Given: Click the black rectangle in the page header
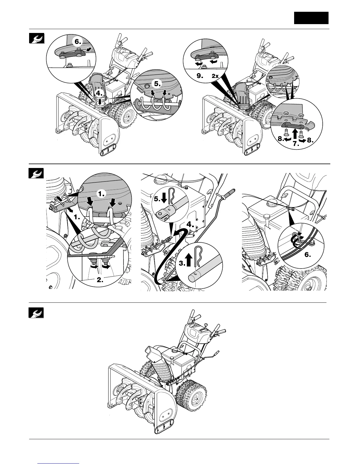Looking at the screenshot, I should [311, 18].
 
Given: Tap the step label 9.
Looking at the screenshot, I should [200, 76].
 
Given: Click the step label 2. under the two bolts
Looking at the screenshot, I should [100, 280].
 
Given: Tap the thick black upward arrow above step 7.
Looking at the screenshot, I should [296, 133].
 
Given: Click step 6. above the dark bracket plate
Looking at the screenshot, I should [78, 42].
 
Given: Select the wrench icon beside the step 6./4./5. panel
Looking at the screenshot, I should [36, 39].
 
